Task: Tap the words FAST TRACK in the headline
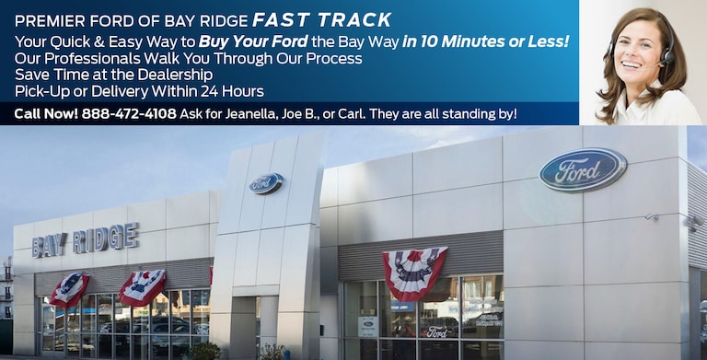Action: click(x=323, y=20)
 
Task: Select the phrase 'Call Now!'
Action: click(x=45, y=113)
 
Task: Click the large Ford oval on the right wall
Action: click(x=583, y=168)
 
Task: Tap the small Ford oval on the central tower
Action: click(x=266, y=183)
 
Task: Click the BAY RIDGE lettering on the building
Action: click(x=86, y=241)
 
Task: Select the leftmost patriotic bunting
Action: click(x=70, y=288)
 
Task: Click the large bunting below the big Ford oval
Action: click(x=414, y=271)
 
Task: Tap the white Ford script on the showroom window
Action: click(x=436, y=331)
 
